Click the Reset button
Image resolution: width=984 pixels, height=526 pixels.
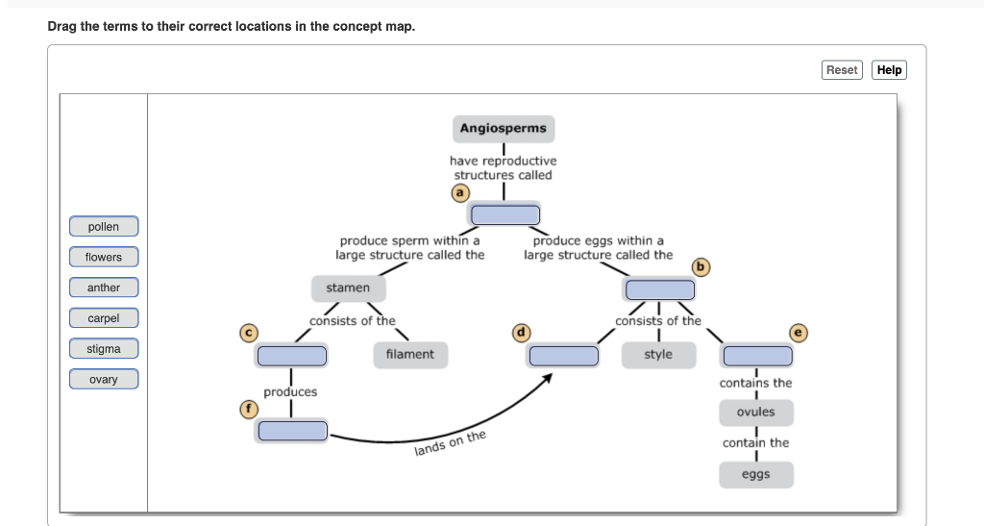(842, 70)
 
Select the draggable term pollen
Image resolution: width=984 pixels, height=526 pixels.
(104, 227)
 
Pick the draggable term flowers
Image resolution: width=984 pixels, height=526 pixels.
(104, 257)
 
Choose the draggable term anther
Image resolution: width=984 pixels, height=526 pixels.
(104, 288)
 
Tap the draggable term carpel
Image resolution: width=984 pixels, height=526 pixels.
(104, 318)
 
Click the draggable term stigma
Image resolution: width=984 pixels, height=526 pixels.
(104, 349)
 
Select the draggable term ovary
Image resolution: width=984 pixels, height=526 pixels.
(104, 380)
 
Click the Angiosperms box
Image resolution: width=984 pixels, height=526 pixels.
(503, 128)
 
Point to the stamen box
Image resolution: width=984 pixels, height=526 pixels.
(348, 288)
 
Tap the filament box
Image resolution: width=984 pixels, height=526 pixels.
(409, 355)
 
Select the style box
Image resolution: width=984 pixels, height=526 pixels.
(658, 355)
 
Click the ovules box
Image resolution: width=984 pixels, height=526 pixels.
(755, 412)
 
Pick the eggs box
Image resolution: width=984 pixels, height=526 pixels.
(755, 475)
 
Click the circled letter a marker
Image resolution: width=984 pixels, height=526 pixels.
(461, 192)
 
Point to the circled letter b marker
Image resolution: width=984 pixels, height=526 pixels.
(701, 266)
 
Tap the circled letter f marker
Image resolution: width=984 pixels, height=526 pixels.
(249, 408)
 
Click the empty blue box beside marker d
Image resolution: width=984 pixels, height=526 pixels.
(562, 356)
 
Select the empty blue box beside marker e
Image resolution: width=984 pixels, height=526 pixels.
(757, 356)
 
